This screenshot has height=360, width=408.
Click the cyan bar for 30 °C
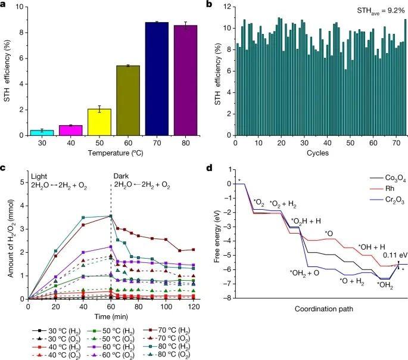45,132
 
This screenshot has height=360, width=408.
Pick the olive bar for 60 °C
129,100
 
